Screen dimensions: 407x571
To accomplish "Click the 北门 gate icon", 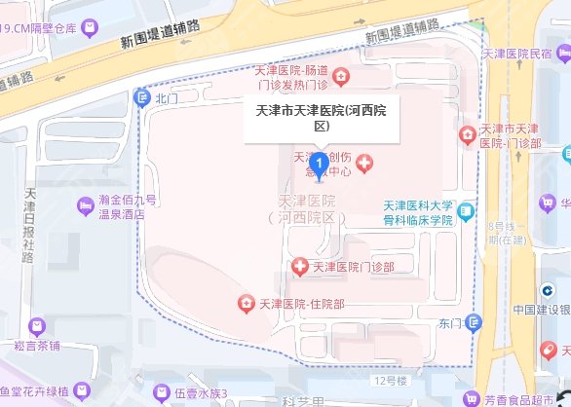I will [144, 97].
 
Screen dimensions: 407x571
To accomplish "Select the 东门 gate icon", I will [474, 323].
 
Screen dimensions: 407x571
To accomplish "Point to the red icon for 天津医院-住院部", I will [243, 304].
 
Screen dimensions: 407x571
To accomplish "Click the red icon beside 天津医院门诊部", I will [299, 265].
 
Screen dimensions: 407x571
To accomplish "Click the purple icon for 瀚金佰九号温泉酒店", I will [85, 204].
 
